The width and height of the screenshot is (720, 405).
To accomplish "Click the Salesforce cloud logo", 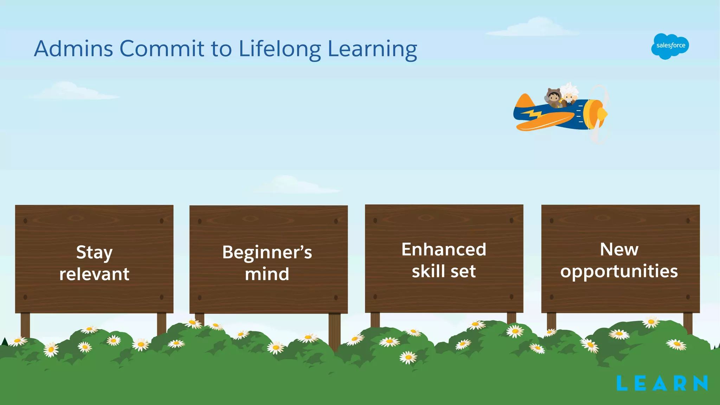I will pos(670,46).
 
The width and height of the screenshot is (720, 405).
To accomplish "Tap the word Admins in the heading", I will pos(73,49).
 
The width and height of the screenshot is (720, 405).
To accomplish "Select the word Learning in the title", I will pos(372,49).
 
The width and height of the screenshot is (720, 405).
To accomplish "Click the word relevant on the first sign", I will pos(94,274).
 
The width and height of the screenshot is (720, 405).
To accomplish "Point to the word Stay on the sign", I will pos(94,253).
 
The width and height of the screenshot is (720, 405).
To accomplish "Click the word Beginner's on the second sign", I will pos(267,253).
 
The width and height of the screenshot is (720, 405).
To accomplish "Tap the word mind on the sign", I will pos(267,274).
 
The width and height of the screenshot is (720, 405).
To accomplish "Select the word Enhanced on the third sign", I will pos(444,250).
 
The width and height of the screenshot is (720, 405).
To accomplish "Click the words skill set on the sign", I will pos(444,271).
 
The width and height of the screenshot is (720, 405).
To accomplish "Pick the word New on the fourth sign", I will pos(619,250).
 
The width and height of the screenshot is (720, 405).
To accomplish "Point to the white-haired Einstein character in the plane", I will pos(568,93).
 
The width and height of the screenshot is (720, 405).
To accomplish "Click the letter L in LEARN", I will pos(622,383).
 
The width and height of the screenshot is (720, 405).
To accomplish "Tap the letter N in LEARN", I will pos(700,383).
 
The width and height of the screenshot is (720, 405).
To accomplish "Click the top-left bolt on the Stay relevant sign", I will pos(25,221).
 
